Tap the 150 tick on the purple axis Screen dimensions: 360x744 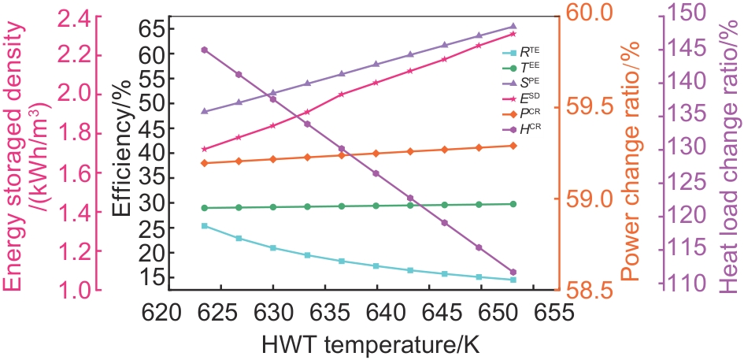(694, 13)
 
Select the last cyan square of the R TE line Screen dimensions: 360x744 (513, 280)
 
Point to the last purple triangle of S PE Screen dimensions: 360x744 (513, 27)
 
